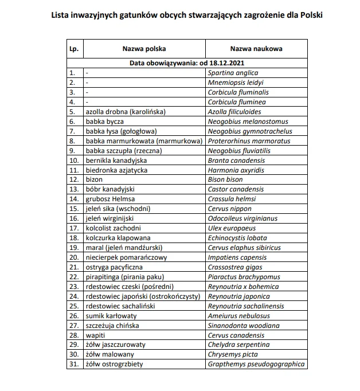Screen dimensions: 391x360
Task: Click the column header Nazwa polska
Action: click(x=144, y=49)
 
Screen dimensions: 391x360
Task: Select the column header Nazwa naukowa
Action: click(x=256, y=49)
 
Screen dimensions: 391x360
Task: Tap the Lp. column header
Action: click(x=73, y=49)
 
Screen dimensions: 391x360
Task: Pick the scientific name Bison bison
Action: click(x=225, y=179)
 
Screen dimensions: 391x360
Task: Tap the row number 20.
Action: click(x=73, y=257)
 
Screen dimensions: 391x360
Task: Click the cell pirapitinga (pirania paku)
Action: click(x=125, y=277)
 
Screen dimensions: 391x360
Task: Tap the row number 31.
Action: click(x=73, y=364)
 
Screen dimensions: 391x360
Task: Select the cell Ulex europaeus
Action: click(x=231, y=228)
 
